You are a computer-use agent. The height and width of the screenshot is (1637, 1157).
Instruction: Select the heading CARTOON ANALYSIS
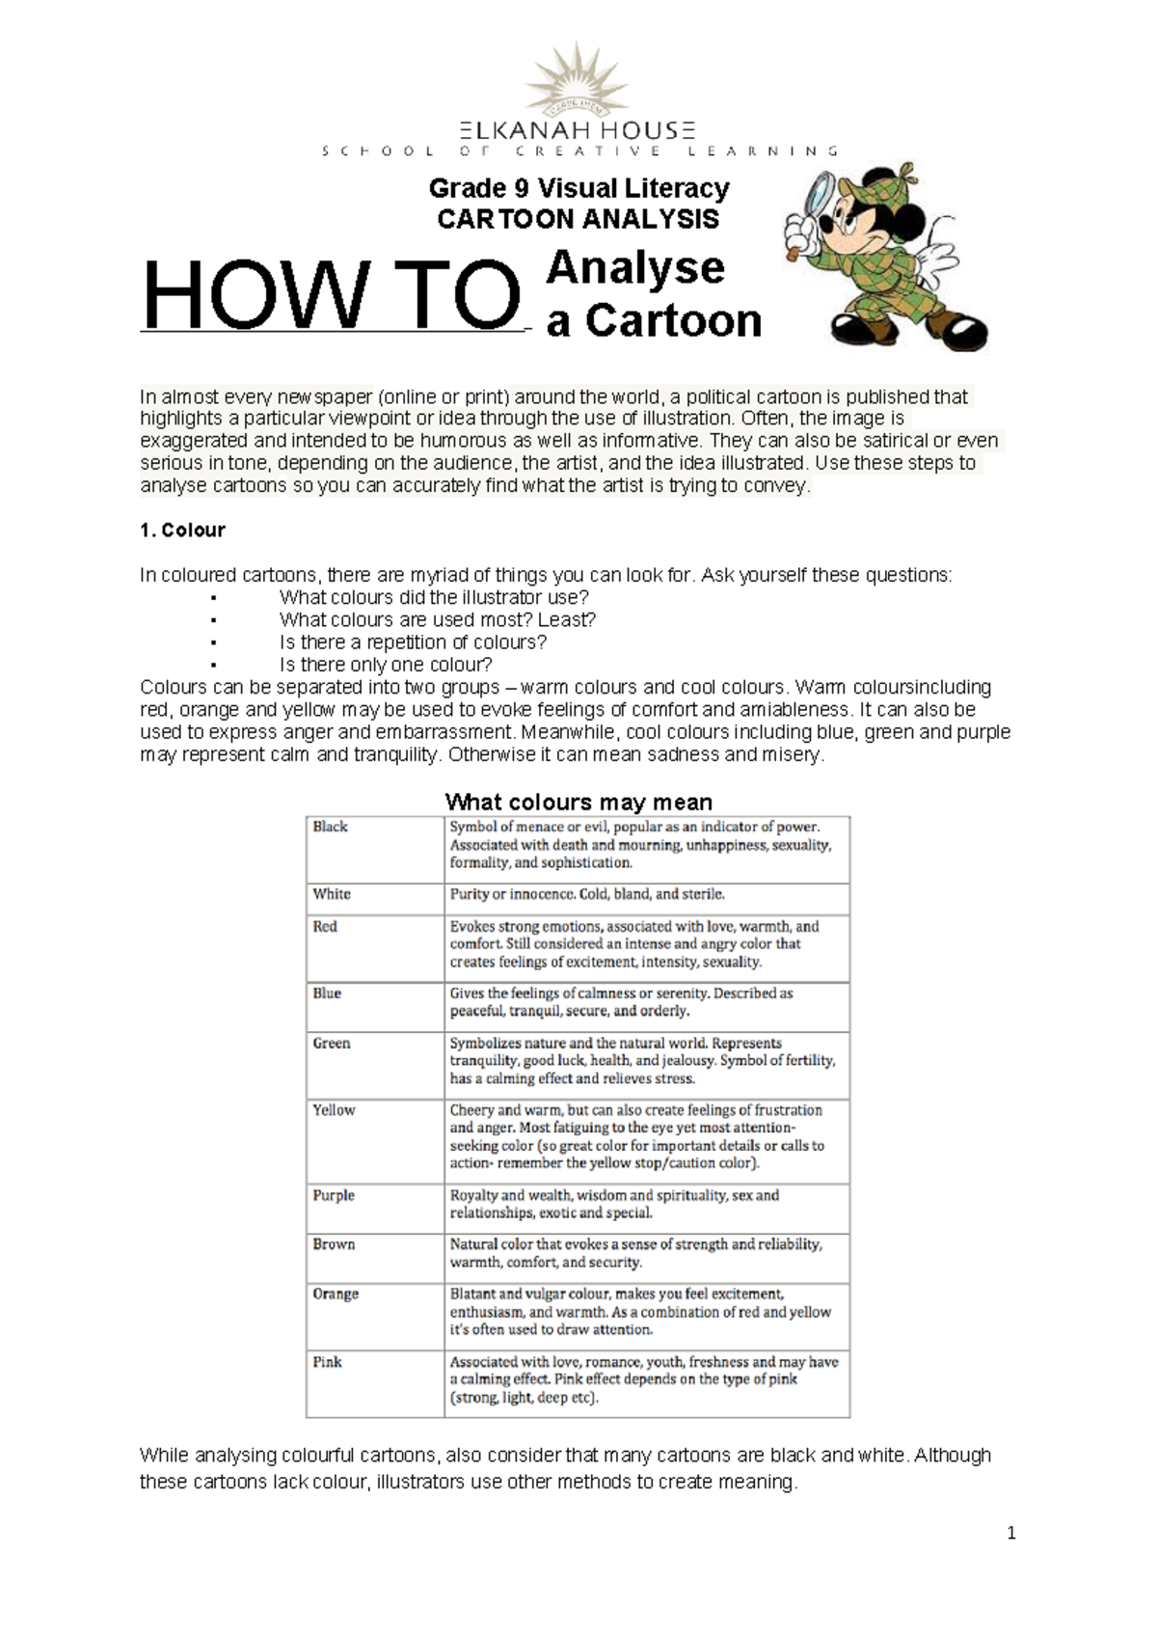pyautogui.click(x=578, y=219)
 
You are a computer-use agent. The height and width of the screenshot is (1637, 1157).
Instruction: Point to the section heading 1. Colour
pyautogui.click(x=182, y=530)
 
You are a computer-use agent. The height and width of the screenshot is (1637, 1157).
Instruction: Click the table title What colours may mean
pyautogui.click(x=578, y=802)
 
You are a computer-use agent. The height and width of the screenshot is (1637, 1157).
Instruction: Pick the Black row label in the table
pyautogui.click(x=331, y=827)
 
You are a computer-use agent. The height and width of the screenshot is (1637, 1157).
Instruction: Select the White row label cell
pyautogui.click(x=332, y=894)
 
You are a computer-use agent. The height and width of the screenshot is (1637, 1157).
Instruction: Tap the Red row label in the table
pyautogui.click(x=325, y=926)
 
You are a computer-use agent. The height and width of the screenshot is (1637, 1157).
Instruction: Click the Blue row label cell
pyautogui.click(x=327, y=993)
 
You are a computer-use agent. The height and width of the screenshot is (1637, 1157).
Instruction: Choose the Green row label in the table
pyautogui.click(x=332, y=1043)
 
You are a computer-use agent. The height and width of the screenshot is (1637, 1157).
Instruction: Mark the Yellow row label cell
pyautogui.click(x=334, y=1110)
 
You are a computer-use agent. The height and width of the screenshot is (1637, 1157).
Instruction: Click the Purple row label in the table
pyautogui.click(x=334, y=1195)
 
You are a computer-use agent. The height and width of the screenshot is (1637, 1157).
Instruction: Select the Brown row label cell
pyautogui.click(x=334, y=1244)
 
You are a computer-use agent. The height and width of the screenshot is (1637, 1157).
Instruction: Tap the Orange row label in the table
pyautogui.click(x=336, y=1294)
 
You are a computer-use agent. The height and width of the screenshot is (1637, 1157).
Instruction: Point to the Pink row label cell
pyautogui.click(x=328, y=1362)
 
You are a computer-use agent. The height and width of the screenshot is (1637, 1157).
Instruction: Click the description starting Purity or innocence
pyautogui.click(x=587, y=894)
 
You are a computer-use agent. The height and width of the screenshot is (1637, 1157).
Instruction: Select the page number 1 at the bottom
pyautogui.click(x=1011, y=1534)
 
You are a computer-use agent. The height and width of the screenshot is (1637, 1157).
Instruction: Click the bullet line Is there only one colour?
pyautogui.click(x=386, y=665)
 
